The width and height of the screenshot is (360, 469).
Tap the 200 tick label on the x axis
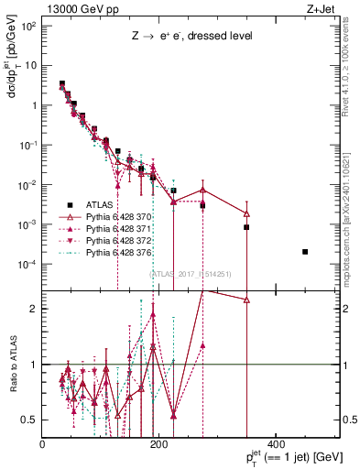coord(159,444)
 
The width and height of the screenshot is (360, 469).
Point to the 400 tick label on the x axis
coord(277,444)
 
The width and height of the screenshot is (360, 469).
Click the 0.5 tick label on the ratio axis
coord(31,420)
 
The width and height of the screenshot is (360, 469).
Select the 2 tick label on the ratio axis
coord(35,309)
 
